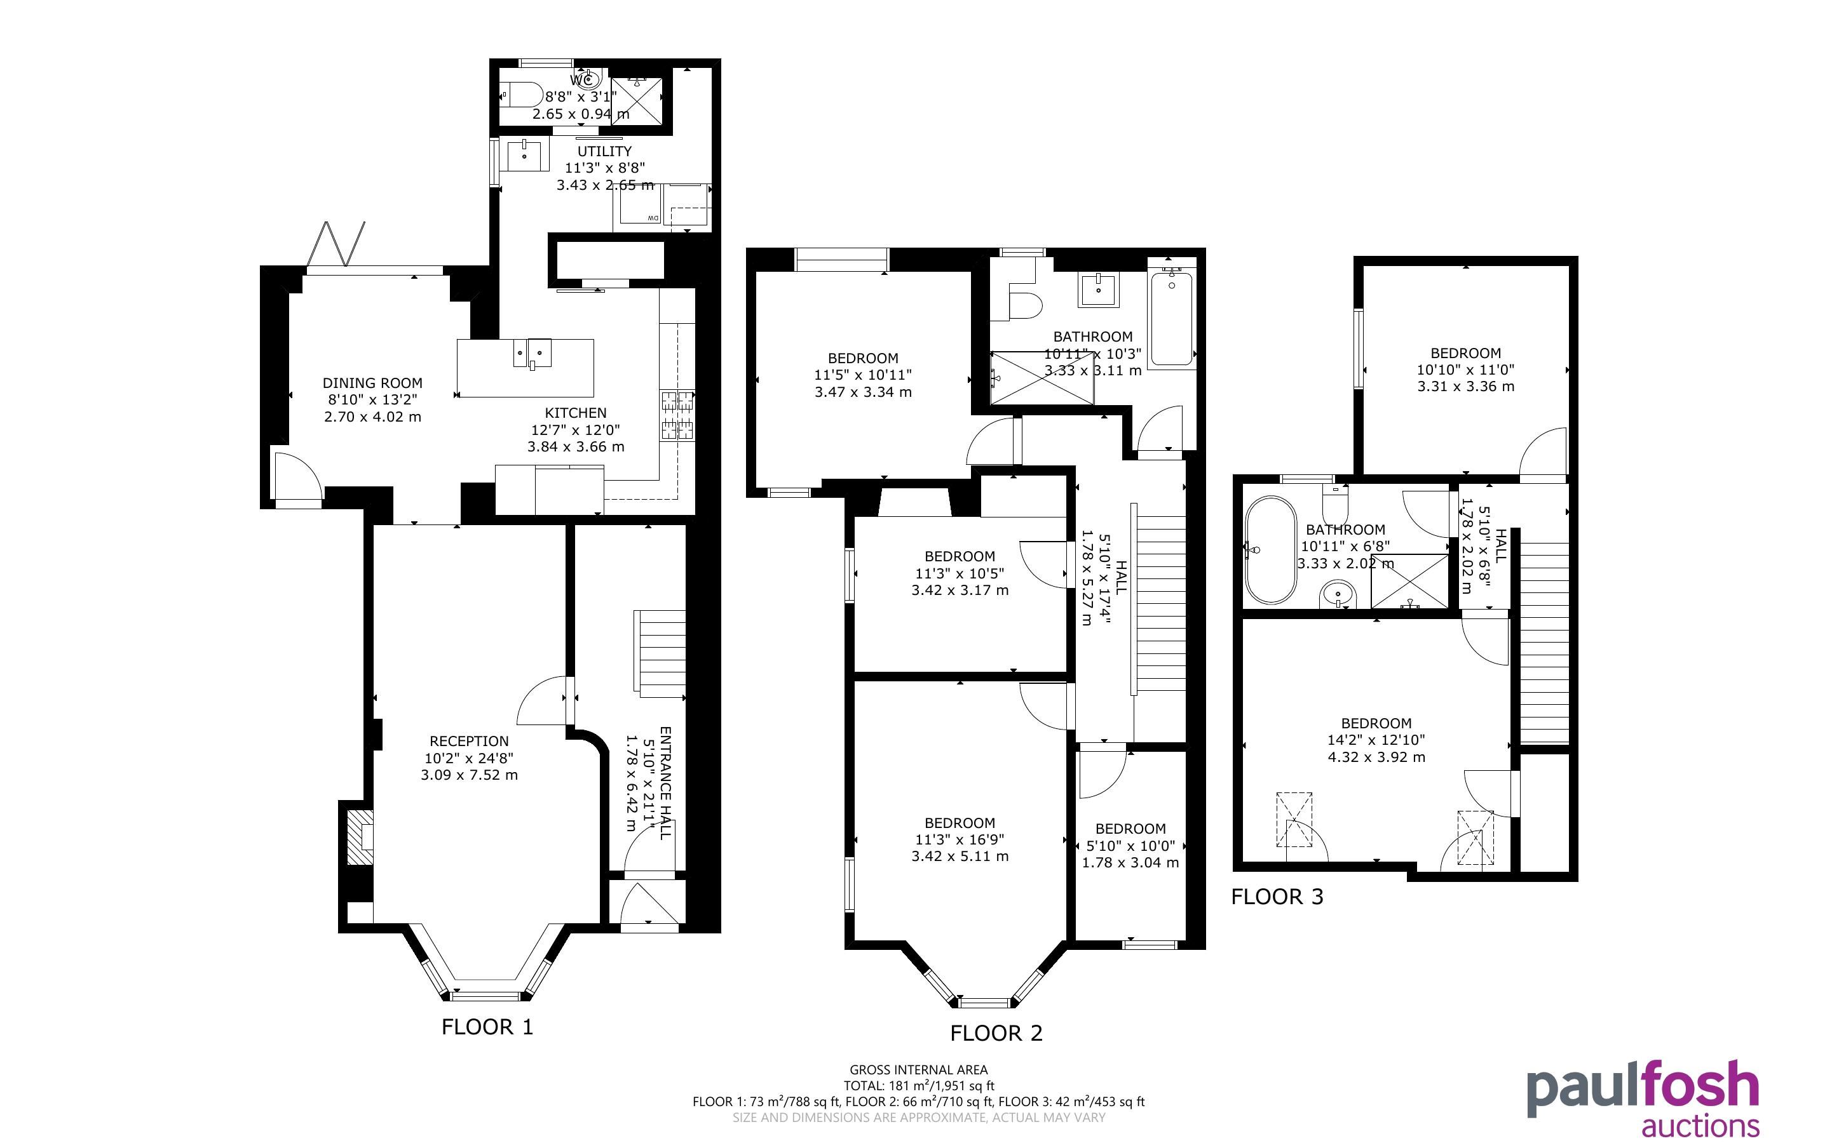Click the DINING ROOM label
point(372,384)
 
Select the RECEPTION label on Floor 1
point(469,741)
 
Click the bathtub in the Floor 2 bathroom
point(1171,319)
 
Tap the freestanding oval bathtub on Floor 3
point(1270,550)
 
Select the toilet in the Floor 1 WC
point(524,95)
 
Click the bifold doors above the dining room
point(336,244)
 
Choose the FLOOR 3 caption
point(1277,897)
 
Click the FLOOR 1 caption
point(487,1027)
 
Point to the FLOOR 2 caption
point(996,1033)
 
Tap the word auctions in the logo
point(1700,1125)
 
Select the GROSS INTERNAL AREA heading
point(918,1070)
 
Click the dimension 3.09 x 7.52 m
point(469,775)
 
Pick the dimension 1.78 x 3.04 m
point(1130,862)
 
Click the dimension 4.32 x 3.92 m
point(1376,757)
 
